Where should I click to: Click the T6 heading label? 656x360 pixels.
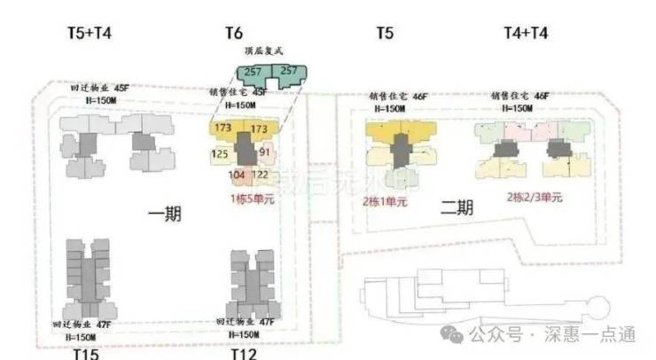pyautogui.click(x=233, y=34)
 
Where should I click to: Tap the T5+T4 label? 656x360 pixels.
pyautogui.click(x=90, y=34)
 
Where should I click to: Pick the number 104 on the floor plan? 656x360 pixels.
pyautogui.click(x=237, y=176)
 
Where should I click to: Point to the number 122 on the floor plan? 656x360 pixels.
pyautogui.click(x=260, y=176)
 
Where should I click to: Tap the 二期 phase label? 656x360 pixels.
pyautogui.click(x=457, y=208)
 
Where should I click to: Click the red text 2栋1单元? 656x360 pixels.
pyautogui.click(x=385, y=201)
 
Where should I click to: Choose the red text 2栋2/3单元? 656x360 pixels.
pyautogui.click(x=534, y=197)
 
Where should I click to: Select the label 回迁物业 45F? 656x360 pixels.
pyautogui.click(x=100, y=89)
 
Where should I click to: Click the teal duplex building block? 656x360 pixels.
pyautogui.click(x=268, y=75)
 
